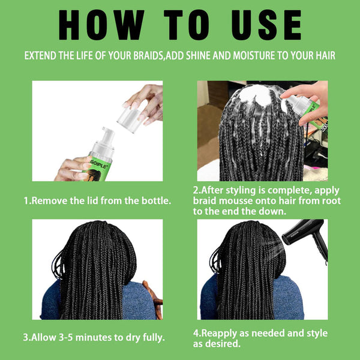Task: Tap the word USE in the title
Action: (260, 25)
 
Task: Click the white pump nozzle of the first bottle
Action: (108, 133)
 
